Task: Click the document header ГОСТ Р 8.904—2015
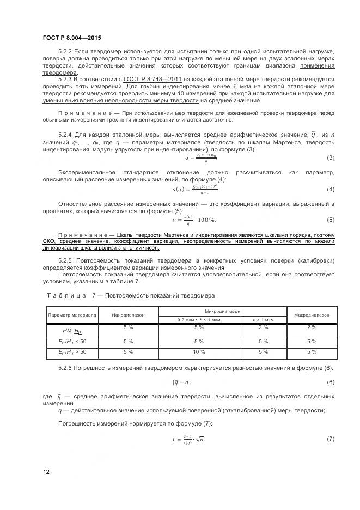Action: pyautogui.click(x=71, y=38)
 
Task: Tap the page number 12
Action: pyautogui.click(x=46, y=472)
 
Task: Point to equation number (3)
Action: pyautogui.click(x=330, y=158)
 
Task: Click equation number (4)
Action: pyautogui.click(x=330, y=189)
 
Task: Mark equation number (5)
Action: pyautogui.click(x=330, y=220)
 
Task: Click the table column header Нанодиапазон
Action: pyautogui.click(x=129, y=315)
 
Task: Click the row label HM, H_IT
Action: pyautogui.click(x=72, y=330)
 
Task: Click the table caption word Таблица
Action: pyautogui.click(x=66, y=295)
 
